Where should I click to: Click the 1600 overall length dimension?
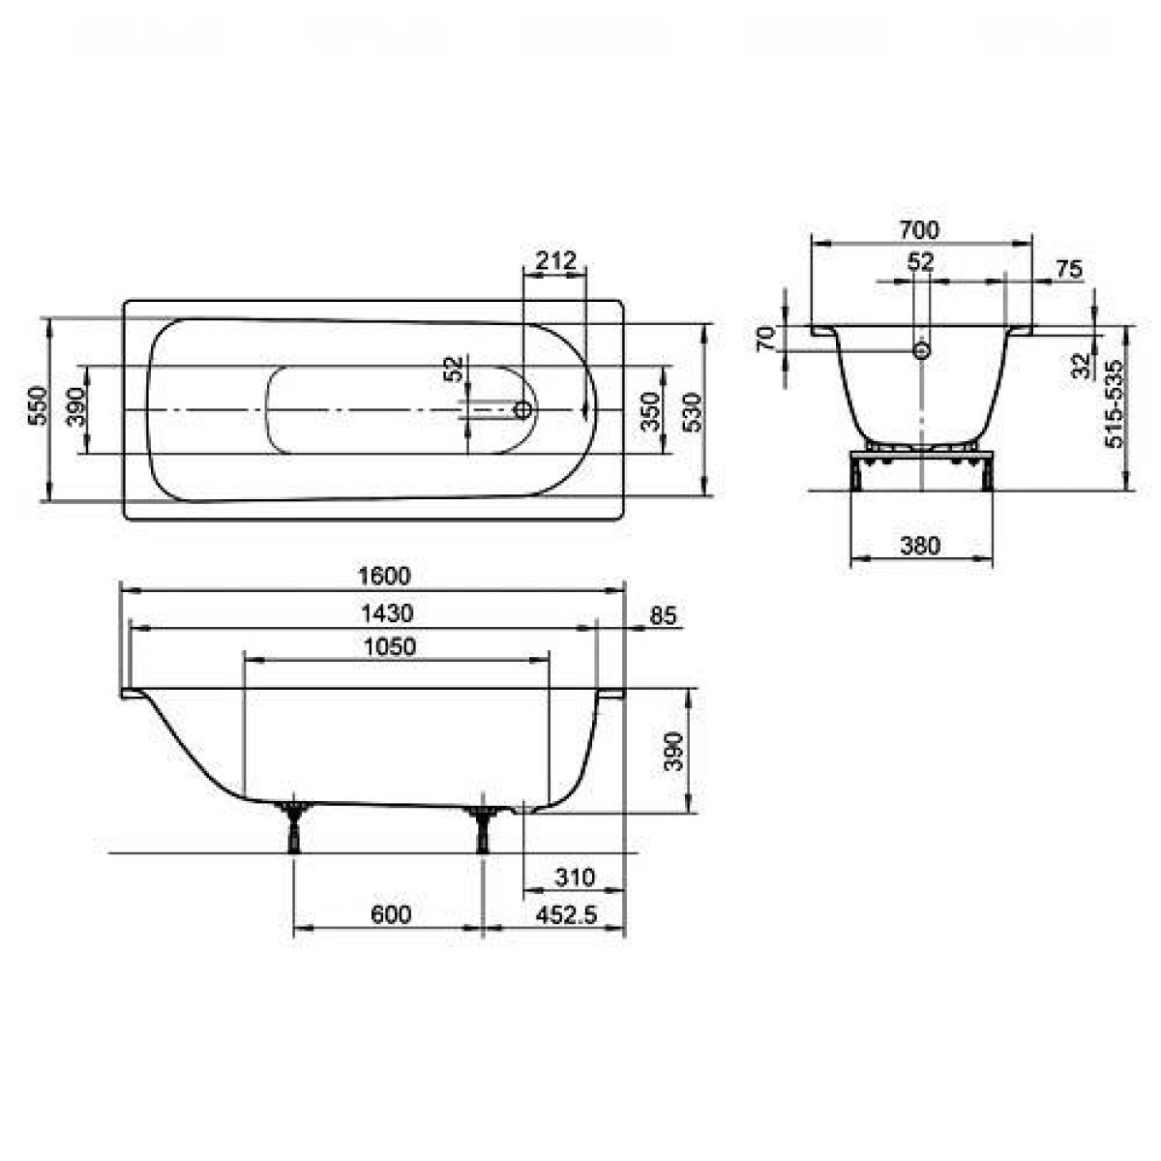point(384,576)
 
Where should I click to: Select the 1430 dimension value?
point(387,613)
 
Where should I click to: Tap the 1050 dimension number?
point(391,646)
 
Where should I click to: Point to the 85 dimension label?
point(664,615)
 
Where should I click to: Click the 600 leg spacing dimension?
point(391,914)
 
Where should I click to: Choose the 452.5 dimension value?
point(566,915)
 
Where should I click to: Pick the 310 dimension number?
point(575,878)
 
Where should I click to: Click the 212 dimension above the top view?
point(555,260)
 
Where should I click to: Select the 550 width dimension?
point(38,405)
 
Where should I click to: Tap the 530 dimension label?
point(693,412)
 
